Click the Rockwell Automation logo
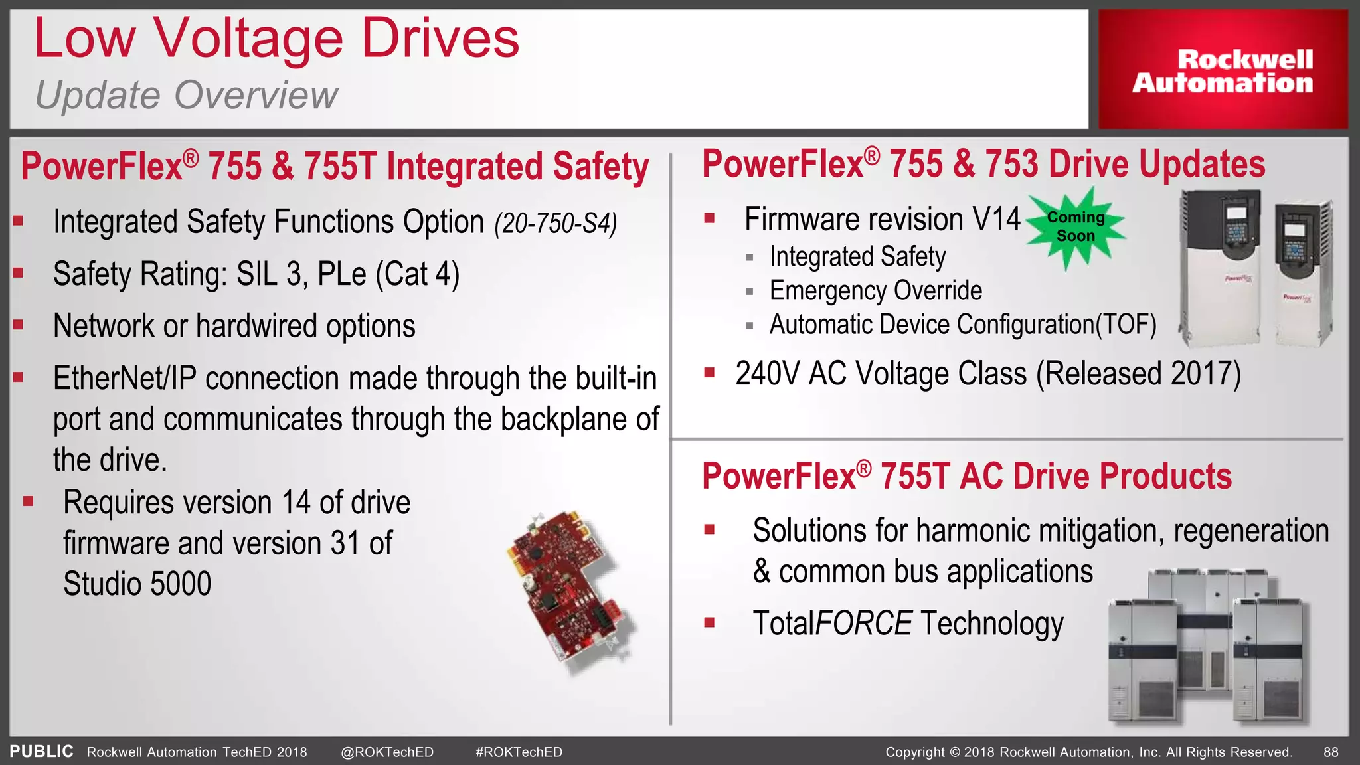point(1223,70)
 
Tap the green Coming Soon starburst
point(1075,227)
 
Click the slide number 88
point(1331,752)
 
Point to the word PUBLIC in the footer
point(41,752)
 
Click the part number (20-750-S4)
point(556,224)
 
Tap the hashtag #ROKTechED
point(519,752)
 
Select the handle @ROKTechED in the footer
point(387,752)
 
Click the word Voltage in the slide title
point(248,39)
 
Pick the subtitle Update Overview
point(187,95)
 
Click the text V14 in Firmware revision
point(996,219)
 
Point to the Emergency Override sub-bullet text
point(875,291)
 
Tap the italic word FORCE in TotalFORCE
point(863,624)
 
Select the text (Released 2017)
point(1138,373)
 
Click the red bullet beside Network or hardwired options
point(18,325)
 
